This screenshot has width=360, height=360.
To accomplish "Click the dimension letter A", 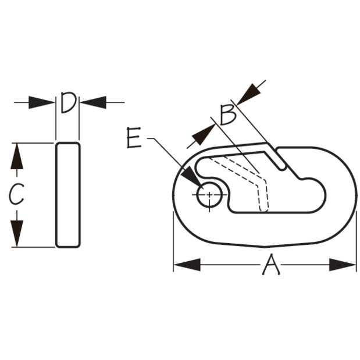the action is [x=271, y=264].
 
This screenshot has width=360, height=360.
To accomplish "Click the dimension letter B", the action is [x=228, y=115].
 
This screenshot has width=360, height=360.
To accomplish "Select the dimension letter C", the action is [x=16, y=194].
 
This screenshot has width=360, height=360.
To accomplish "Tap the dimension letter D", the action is [x=68, y=102].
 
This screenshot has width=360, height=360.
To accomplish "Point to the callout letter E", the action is [x=134, y=137].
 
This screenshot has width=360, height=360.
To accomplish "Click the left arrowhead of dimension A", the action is [x=187, y=265].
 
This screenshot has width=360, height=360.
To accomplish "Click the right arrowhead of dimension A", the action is [x=343, y=265].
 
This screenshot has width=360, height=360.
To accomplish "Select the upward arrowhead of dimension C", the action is [x=17, y=156].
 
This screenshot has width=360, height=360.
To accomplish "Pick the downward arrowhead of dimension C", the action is [x=17, y=233].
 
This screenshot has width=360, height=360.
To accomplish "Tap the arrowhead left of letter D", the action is [x=41, y=102].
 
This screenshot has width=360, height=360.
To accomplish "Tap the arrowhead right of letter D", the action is [x=93, y=102].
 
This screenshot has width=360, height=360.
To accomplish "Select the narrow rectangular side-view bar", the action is [x=68, y=195].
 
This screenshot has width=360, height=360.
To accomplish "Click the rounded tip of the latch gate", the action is [x=283, y=167].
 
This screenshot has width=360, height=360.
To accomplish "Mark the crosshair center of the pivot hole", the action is [x=209, y=195].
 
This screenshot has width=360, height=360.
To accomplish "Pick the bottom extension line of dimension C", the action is [x=33, y=247].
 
